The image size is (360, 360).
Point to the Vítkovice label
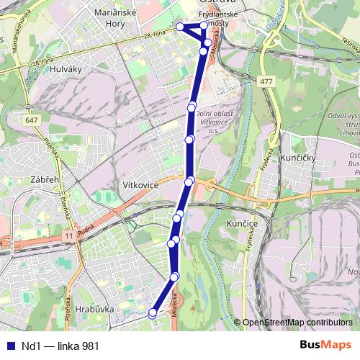140,185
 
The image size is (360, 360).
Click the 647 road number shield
31,119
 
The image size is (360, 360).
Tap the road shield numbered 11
67,236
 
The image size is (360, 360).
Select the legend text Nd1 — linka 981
60,346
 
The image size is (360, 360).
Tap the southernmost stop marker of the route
152,313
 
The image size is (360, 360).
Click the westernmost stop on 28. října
179,27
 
